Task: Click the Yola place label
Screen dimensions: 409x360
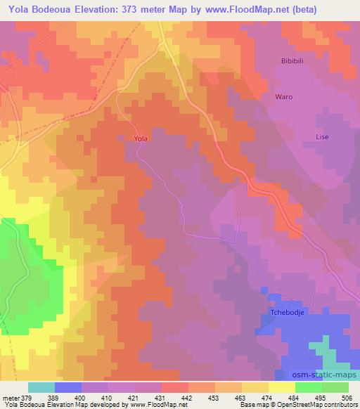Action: pyautogui.click(x=141, y=139)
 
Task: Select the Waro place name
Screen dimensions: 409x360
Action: pyautogui.click(x=283, y=96)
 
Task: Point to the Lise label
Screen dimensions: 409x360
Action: pyautogui.click(x=322, y=137)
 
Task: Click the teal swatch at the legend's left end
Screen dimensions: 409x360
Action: pyautogui.click(x=41, y=387)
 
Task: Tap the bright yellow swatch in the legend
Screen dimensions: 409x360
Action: pyautogui.click(x=281, y=387)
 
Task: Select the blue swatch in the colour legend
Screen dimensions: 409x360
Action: pyautogui.click(x=68, y=387)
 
